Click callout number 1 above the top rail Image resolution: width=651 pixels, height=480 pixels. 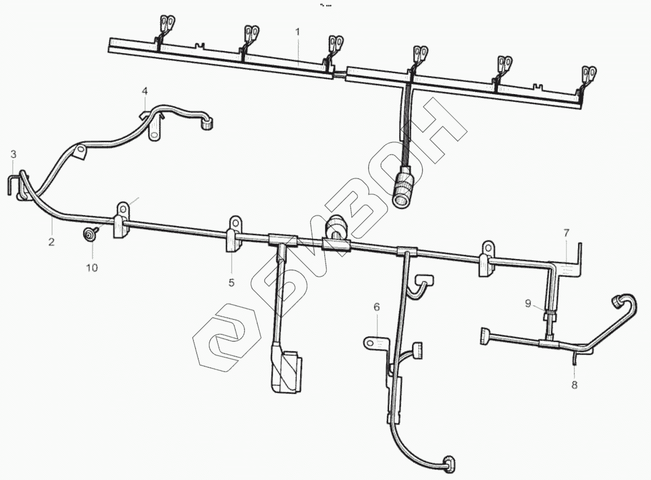point(298,32)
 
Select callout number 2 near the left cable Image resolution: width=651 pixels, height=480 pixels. point(52,242)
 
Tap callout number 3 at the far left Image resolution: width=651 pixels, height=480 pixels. point(14,155)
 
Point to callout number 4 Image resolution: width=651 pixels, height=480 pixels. point(145,92)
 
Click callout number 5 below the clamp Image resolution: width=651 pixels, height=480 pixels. point(231,283)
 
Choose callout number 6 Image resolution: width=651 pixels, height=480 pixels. point(377,307)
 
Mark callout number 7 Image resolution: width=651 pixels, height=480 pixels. point(567,233)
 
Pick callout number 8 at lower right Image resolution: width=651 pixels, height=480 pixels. point(574,385)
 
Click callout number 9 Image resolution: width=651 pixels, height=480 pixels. point(528,304)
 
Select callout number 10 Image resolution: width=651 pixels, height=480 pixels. point(92,267)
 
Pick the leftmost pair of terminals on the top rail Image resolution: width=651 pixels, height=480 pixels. point(167,24)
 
